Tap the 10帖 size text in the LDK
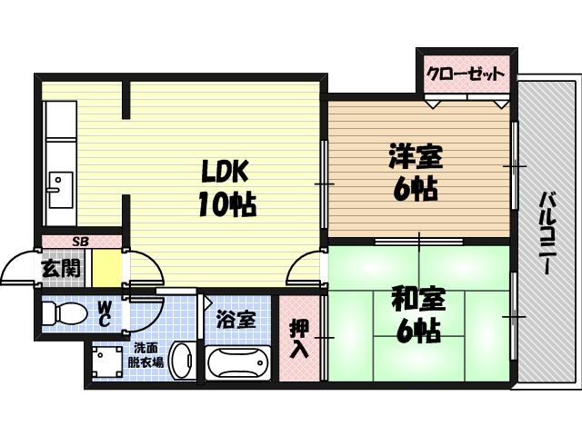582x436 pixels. pyautogui.click(x=226, y=203)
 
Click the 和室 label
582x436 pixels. pyautogui.click(x=417, y=299)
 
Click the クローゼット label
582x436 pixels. pyautogui.click(x=466, y=74)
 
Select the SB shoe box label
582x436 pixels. pyautogui.click(x=80, y=241)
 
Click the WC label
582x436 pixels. pyautogui.click(x=105, y=312)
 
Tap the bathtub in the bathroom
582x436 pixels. pyautogui.click(x=238, y=363)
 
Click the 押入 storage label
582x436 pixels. pyautogui.click(x=298, y=337)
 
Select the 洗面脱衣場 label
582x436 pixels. pyautogui.click(x=145, y=355)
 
